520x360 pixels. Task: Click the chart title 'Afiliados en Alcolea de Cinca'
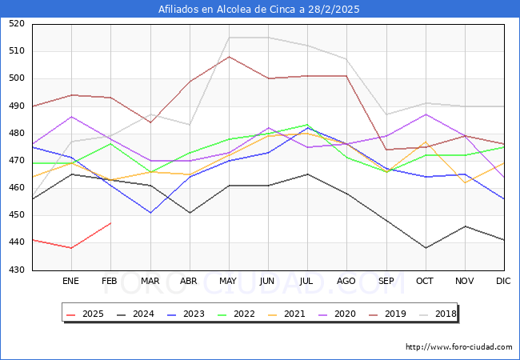pyautogui.click(x=259, y=10)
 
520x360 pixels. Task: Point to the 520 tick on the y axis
pyautogui.click(x=17, y=24)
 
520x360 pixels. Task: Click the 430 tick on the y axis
pyautogui.click(x=17, y=270)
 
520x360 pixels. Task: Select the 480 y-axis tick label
pyautogui.click(x=17, y=134)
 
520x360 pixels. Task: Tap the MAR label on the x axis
pyautogui.click(x=150, y=282)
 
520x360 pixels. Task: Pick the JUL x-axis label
pyautogui.click(x=307, y=282)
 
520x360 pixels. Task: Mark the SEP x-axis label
pyautogui.click(x=386, y=282)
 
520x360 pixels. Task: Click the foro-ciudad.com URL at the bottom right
pyautogui.click(x=458, y=347)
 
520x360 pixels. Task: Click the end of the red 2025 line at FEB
pyautogui.click(x=110, y=223)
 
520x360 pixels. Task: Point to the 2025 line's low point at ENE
pyautogui.click(x=71, y=248)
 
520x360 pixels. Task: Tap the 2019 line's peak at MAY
pyautogui.click(x=229, y=57)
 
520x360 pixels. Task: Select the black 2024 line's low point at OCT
pyautogui.click(x=426, y=248)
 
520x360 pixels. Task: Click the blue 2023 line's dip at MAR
pyautogui.click(x=150, y=213)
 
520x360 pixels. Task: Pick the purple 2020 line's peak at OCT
pyautogui.click(x=426, y=114)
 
